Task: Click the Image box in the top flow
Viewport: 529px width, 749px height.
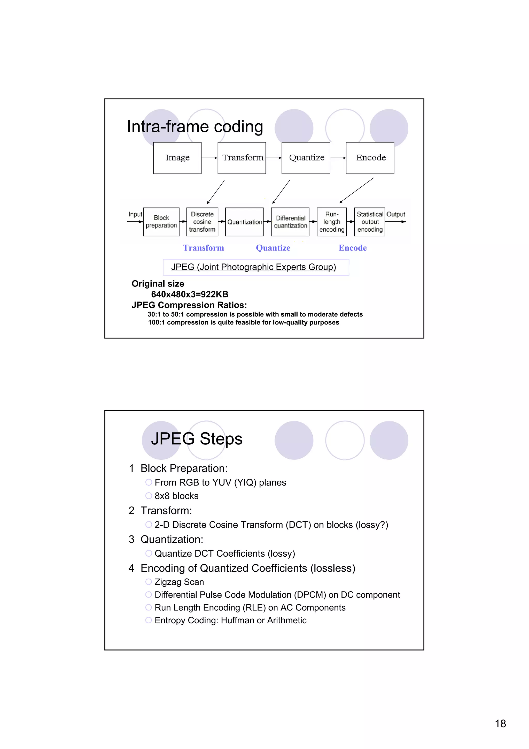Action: (x=177, y=158)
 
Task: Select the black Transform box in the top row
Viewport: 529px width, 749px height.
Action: (x=242, y=158)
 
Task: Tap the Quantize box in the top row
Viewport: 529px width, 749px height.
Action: (x=306, y=158)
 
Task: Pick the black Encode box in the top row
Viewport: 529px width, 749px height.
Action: (x=370, y=158)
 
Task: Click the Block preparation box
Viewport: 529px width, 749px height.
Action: (x=161, y=222)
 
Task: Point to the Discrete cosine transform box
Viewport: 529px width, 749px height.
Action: (x=202, y=222)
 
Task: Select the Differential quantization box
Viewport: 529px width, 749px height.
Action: (x=290, y=222)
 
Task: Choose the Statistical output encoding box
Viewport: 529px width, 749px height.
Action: (x=370, y=222)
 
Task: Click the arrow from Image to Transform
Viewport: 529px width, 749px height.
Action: (x=209, y=158)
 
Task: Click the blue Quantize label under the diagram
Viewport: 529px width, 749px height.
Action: (x=273, y=248)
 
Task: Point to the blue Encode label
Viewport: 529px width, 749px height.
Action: (x=353, y=248)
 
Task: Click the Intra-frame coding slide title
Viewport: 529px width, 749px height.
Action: (x=195, y=127)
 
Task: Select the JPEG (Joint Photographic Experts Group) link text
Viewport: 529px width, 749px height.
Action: (x=254, y=267)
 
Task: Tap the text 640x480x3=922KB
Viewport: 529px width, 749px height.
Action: (x=190, y=294)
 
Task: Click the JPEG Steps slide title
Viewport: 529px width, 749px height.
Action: (x=197, y=439)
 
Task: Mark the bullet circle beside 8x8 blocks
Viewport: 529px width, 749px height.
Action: (x=149, y=496)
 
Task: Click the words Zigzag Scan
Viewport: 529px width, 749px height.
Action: (x=179, y=582)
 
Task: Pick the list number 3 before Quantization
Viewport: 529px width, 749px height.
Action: (x=131, y=540)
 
